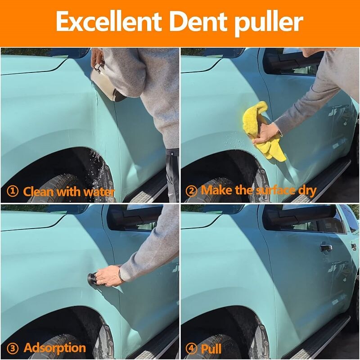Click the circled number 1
pyautogui.click(x=13, y=191)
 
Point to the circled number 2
pyautogui.click(x=191, y=191)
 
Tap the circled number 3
pyautogui.click(x=13, y=348)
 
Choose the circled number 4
pyautogui.click(x=191, y=348)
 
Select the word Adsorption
pyautogui.click(x=54, y=348)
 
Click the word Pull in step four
pyautogui.click(x=211, y=348)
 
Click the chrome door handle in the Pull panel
pyautogui.click(x=326, y=247)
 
